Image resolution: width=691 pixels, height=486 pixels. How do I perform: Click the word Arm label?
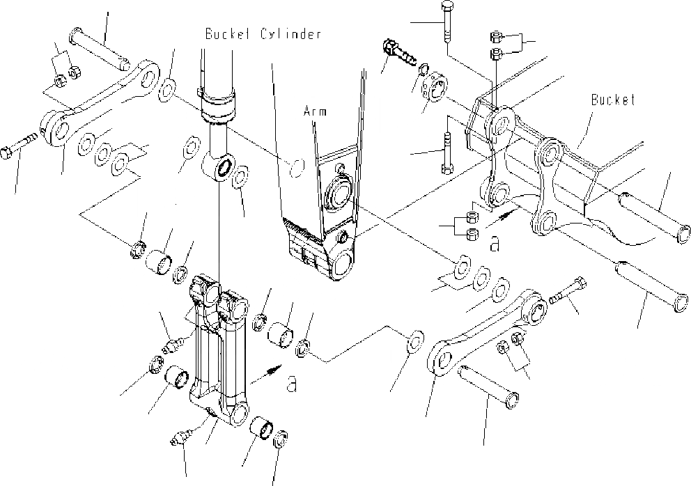point(314,110)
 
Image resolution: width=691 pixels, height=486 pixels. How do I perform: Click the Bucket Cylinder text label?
point(263,33)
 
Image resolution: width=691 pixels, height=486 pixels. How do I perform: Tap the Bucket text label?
point(613,100)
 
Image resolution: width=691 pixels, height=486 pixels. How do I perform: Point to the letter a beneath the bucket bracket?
point(495,243)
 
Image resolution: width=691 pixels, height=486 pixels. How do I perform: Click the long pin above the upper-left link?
point(101,50)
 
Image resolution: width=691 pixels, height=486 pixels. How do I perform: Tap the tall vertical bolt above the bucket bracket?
point(445,21)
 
